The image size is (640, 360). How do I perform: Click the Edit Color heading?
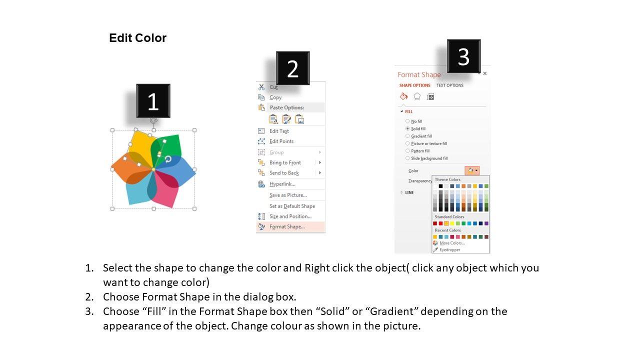[137, 38]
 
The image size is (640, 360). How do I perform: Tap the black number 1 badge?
[153, 101]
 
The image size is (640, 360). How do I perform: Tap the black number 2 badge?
[293, 68]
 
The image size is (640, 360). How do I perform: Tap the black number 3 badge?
[463, 56]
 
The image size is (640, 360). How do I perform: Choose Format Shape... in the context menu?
[287, 226]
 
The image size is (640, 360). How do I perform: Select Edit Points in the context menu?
[281, 141]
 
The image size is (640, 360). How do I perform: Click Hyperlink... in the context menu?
[282, 184]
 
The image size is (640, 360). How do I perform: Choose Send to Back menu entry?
[284, 173]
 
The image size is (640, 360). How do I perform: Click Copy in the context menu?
[275, 97]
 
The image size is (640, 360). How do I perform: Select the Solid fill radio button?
[407, 128]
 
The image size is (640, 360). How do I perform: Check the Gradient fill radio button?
[407, 136]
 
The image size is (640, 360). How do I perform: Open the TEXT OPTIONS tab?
[449, 85]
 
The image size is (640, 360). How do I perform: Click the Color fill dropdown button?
[472, 170]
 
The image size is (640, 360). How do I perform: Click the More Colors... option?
[452, 243]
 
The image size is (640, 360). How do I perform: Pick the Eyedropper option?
[449, 249]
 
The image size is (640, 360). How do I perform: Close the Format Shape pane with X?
[485, 73]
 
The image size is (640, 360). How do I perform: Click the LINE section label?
[409, 192]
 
